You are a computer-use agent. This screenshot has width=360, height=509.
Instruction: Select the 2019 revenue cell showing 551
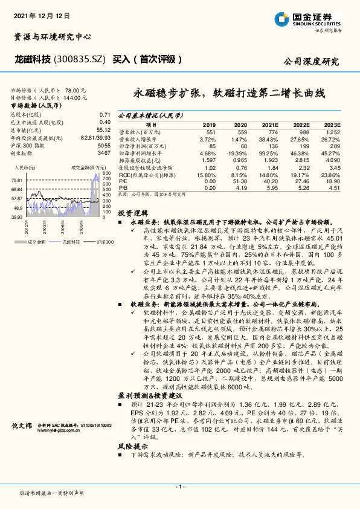pyautogui.click(x=210, y=131)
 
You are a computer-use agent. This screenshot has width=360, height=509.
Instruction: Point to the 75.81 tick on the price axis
pyautogui.click(x=17, y=180)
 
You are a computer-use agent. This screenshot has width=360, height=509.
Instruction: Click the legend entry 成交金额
pyautogui.click(x=36, y=241)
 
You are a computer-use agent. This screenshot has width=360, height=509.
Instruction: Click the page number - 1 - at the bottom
pyautogui.click(x=179, y=487)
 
